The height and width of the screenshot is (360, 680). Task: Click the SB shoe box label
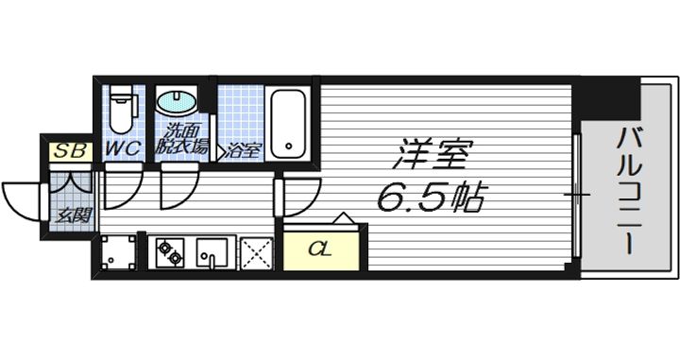click(70, 151)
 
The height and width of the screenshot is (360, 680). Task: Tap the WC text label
click(124, 148)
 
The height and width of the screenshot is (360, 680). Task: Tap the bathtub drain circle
click(288, 146)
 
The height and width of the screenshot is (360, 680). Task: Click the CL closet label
click(320, 249)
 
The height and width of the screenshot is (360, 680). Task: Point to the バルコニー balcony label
click(627, 191)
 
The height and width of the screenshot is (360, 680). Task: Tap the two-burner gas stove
click(170, 253)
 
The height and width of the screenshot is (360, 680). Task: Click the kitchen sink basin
click(212, 253)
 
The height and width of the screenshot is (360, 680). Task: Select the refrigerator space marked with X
click(256, 253)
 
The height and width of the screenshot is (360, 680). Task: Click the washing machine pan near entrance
click(117, 252)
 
